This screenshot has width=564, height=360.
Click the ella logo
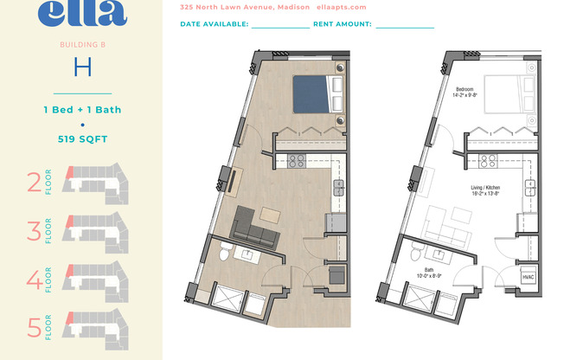coord(82,12)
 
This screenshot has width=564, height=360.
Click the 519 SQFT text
coord(82,139)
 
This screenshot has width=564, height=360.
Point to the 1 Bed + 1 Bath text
coord(82,109)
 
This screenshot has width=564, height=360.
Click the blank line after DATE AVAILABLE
coord(280,25)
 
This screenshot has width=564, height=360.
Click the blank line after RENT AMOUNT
coord(405,25)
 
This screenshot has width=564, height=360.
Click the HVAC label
coord(528,276)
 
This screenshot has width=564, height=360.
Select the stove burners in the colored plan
coord(297,160)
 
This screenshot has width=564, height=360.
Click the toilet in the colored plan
coord(224,254)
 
